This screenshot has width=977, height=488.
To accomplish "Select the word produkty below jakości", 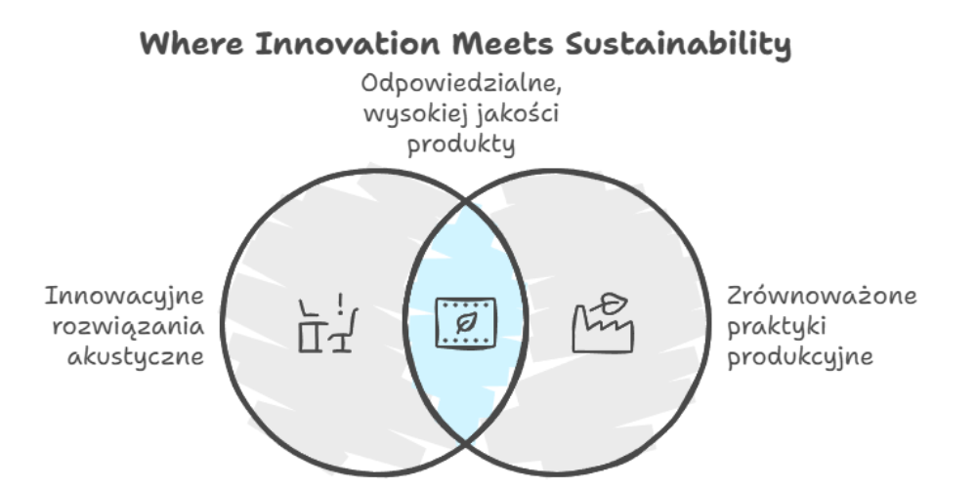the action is tap(461, 145).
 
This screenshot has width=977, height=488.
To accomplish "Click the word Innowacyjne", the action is tap(125, 296).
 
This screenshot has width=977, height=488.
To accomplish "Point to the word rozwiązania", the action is tap(128, 326).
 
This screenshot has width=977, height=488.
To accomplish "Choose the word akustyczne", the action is tap(136, 357).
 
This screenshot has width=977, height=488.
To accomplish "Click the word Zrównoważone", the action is tap(822, 295).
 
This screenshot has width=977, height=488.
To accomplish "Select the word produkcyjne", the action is tap(800, 357).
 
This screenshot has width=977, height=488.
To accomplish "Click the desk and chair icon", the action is tap(328, 323).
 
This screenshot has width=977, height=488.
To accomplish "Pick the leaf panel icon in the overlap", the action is tap(465, 322).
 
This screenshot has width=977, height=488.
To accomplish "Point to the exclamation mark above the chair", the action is tap(340, 304).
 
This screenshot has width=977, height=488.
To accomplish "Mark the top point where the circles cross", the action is tap(465, 202).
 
